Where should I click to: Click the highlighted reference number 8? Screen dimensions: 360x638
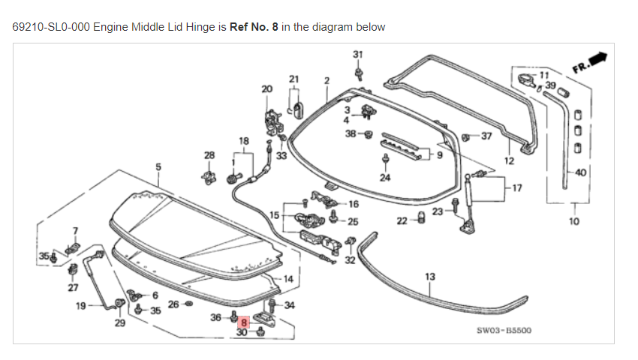244,322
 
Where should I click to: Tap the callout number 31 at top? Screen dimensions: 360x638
358,54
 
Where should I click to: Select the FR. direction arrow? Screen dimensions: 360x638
589,61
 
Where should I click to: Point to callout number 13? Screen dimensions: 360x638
430,277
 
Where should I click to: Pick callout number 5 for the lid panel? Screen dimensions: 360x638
158,166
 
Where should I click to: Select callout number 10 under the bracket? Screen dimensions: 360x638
574,221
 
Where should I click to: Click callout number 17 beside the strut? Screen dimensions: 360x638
516,187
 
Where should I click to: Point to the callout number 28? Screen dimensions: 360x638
209,154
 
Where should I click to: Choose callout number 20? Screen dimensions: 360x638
266,88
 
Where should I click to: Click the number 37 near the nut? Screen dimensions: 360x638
486,136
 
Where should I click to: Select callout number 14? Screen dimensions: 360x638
288,279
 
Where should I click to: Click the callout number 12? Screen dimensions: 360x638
509,160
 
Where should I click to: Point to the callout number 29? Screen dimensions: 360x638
119,323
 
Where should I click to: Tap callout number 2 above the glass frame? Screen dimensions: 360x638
327,80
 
